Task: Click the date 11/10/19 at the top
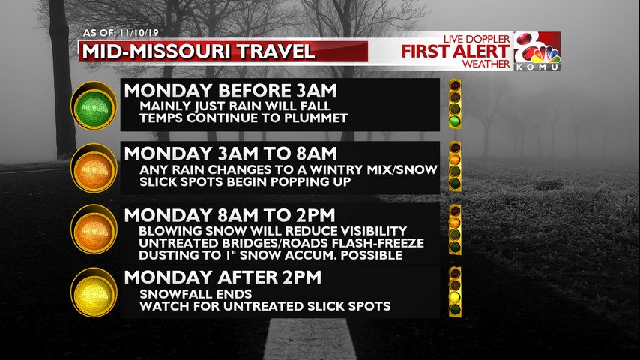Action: (139, 33)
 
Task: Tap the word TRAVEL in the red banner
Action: (276, 52)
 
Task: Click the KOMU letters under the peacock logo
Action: (537, 67)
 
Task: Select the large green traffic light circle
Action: (94, 107)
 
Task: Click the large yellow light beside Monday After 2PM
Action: (94, 292)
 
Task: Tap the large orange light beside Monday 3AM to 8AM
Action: (94, 168)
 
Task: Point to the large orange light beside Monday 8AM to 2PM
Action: (94, 229)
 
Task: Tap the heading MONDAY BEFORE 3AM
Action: (230, 91)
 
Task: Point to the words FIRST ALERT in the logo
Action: (456, 52)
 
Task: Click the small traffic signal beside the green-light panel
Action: (455, 103)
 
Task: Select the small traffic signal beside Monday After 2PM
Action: (455, 291)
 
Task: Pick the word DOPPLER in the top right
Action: (488, 39)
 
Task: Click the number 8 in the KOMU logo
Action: (528, 46)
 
